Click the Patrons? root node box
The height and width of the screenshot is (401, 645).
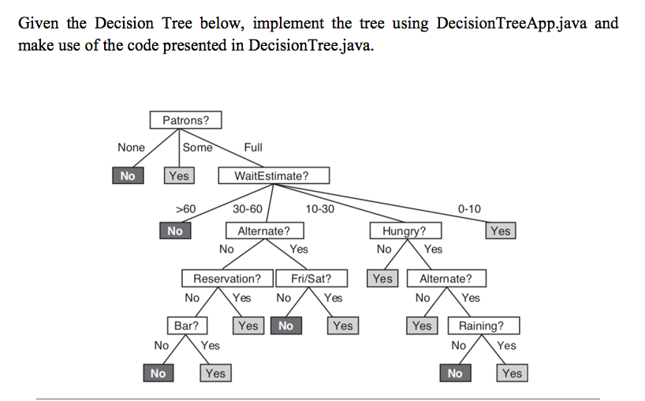click(186, 121)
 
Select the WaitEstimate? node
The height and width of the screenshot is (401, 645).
click(271, 176)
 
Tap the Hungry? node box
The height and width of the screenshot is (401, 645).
click(405, 231)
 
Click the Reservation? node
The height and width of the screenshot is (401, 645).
click(227, 279)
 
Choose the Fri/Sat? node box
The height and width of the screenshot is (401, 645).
click(311, 279)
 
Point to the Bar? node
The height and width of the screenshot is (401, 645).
click(186, 325)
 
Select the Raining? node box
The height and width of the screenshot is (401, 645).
click(480, 325)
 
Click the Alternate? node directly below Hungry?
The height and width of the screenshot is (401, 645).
click(446, 279)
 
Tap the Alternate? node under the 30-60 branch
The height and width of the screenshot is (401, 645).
click(263, 231)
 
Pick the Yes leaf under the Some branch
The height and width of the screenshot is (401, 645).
click(178, 176)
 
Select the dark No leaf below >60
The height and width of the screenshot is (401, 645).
click(175, 231)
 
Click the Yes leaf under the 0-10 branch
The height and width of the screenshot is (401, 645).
click(500, 231)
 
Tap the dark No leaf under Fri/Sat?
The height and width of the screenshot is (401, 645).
click(285, 325)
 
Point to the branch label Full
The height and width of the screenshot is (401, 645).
click(253, 148)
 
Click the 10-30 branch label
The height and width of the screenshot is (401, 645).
click(319, 209)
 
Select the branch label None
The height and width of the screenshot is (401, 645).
click(131, 148)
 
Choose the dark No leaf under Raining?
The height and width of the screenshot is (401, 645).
click(454, 373)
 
